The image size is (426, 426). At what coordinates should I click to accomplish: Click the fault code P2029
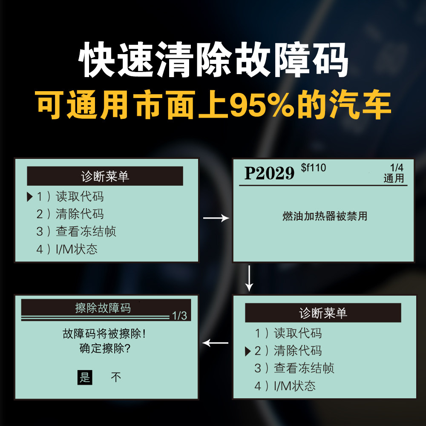pyautogui.click(x=269, y=173)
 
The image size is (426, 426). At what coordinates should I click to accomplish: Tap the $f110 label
pyautogui.click(x=313, y=167)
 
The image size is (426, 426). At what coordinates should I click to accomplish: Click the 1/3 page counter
pyautogui.click(x=179, y=316)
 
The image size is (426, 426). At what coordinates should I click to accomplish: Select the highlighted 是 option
pyautogui.click(x=85, y=377)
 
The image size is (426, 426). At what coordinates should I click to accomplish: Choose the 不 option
pyautogui.click(x=116, y=377)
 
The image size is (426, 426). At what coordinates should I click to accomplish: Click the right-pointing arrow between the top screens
pyautogui.click(x=216, y=218)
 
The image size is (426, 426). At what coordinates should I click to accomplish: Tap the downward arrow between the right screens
pyautogui.click(x=250, y=278)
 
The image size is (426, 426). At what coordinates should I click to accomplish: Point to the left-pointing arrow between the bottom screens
pyautogui.click(x=216, y=343)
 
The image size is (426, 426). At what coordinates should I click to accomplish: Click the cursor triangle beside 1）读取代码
pyautogui.click(x=29, y=196)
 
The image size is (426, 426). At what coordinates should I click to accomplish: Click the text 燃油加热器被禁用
pyautogui.click(x=325, y=216)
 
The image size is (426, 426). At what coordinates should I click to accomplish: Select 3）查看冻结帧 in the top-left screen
pyautogui.click(x=76, y=231)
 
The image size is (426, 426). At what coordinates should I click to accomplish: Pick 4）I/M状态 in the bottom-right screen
pyautogui.click(x=285, y=386)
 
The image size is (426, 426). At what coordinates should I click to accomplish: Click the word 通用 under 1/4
pyautogui.click(x=394, y=178)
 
